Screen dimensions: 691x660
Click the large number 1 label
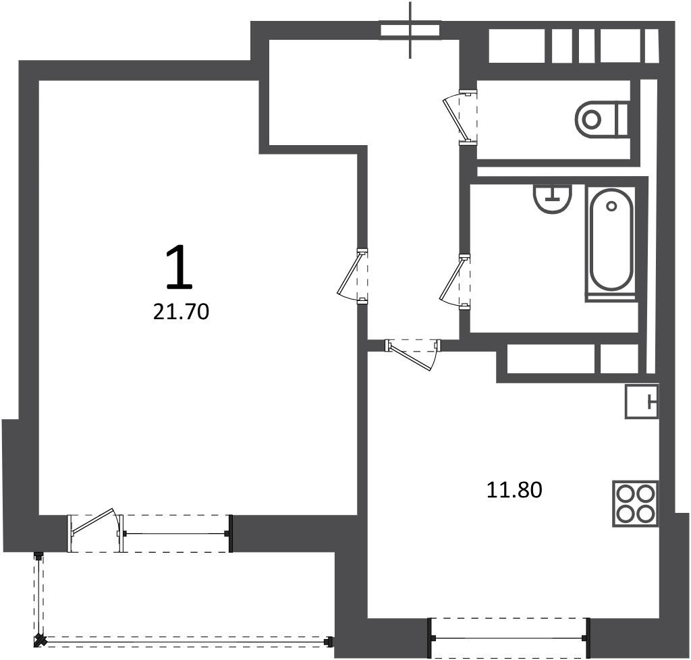pos(179,268)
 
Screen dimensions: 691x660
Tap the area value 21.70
pos(181,312)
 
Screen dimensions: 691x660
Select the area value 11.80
pos(514,490)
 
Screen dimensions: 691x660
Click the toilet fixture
pos(601,119)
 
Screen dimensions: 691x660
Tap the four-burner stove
pos(635,503)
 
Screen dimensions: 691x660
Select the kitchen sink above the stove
pos(642,401)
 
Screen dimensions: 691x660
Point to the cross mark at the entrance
pos(410,30)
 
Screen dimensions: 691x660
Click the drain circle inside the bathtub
pos(611,206)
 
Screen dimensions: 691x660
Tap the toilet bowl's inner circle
pos(591,119)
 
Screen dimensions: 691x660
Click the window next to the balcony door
pos(176,534)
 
